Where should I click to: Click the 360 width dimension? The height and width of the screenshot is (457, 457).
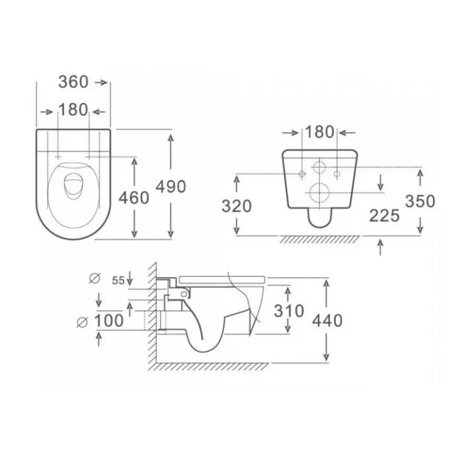[73, 82]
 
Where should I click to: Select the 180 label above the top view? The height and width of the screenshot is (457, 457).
[73, 110]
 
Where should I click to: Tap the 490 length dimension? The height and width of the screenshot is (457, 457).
[171, 187]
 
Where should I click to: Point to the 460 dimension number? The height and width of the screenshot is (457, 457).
[134, 198]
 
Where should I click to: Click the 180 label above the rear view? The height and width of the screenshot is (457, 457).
[319, 132]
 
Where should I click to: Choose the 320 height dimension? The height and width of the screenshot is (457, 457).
[236, 206]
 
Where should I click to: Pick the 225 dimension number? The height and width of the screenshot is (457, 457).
[384, 216]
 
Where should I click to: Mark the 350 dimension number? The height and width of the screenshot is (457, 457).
[420, 201]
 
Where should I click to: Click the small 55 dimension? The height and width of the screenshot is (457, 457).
[118, 280]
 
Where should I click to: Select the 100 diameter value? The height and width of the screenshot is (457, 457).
[109, 321]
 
